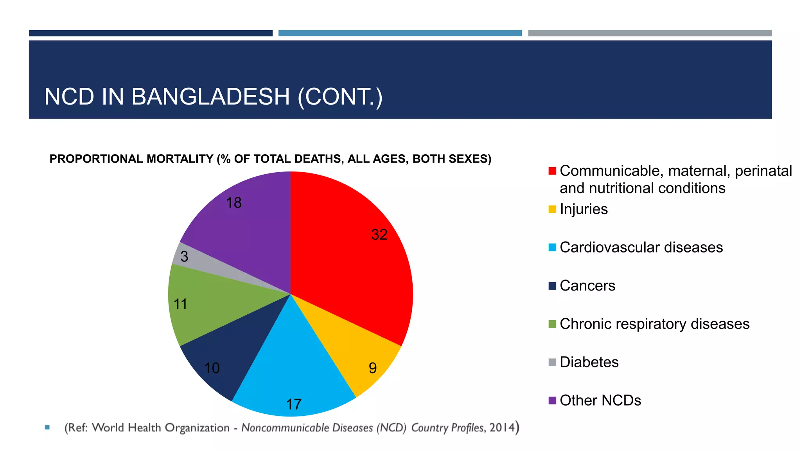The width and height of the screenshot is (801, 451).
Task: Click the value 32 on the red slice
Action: [379, 235]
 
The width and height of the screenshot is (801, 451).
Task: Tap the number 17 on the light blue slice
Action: [294, 404]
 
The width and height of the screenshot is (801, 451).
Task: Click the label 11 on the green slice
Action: [180, 304]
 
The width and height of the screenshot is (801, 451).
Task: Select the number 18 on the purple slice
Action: [234, 203]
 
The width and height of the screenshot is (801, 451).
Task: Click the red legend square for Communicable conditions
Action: [552, 171]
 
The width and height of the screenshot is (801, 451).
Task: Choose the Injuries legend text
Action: [584, 209]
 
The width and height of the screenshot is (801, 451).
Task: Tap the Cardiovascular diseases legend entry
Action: [641, 247]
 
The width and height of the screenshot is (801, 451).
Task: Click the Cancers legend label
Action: [587, 286]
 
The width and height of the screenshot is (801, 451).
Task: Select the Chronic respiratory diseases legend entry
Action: [654, 324]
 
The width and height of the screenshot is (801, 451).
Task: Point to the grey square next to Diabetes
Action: [552, 362]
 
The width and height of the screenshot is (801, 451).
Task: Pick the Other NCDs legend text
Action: [600, 400]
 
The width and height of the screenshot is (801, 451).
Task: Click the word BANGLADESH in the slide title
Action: [210, 97]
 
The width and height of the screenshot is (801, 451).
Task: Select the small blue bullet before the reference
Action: [47, 427]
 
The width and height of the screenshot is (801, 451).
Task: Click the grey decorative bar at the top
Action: [649, 33]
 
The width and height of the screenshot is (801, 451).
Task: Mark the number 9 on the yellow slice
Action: [372, 368]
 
